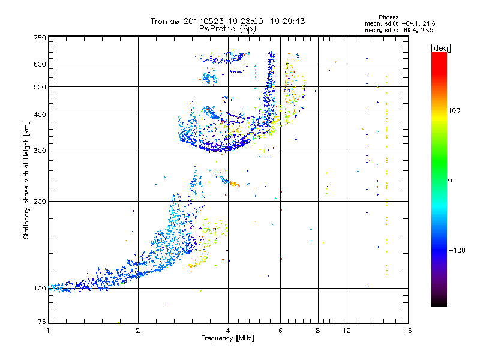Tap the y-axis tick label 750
click(40, 37)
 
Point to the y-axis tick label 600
click(40, 64)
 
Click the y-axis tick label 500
click(40, 86)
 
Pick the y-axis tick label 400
click(40, 115)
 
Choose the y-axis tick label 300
click(40, 151)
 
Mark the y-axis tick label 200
click(40, 201)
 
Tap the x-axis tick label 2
click(138, 331)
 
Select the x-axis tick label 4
click(228, 331)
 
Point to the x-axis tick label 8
click(318, 331)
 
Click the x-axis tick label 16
click(407, 331)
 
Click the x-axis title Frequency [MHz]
click(227, 339)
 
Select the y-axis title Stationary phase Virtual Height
click(26, 180)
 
